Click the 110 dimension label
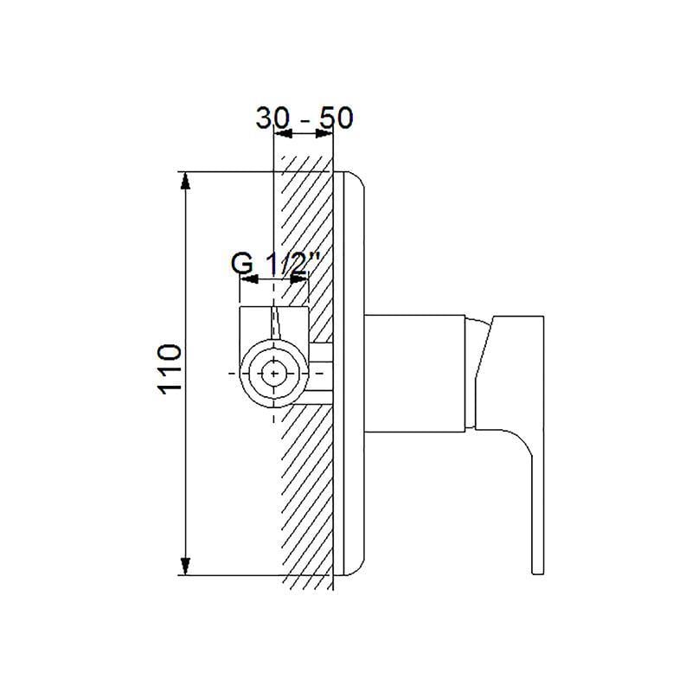tap(170, 369)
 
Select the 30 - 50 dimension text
tap(304, 118)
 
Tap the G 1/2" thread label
tap(274, 265)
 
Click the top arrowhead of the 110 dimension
tap(186, 181)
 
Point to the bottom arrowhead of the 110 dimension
tap(186, 567)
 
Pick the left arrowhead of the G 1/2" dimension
tap(248, 279)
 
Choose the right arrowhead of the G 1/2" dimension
tap(299, 279)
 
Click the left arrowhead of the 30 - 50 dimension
tap(284, 133)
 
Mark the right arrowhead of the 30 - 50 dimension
tap(324, 133)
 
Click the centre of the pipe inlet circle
tap(274, 374)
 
